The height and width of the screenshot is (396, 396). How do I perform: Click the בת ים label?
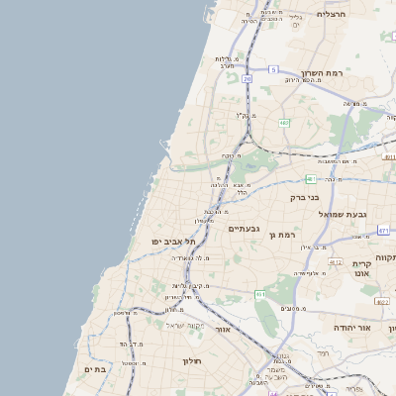click(94, 368)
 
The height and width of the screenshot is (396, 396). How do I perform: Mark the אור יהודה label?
click(351, 326)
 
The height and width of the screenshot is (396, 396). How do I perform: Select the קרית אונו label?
click(361, 268)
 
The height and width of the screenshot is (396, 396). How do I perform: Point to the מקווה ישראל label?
click(183, 326)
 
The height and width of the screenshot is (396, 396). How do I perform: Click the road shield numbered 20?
click(247, 77)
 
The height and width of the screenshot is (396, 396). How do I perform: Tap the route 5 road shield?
click(274, 70)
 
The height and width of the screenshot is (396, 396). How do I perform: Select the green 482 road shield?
click(285, 123)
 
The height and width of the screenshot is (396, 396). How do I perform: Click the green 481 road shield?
click(311, 179)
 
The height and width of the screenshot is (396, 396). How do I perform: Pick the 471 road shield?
click(385, 230)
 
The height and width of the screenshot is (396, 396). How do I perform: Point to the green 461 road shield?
click(260, 294)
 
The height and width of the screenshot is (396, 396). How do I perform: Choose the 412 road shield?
click(335, 262)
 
